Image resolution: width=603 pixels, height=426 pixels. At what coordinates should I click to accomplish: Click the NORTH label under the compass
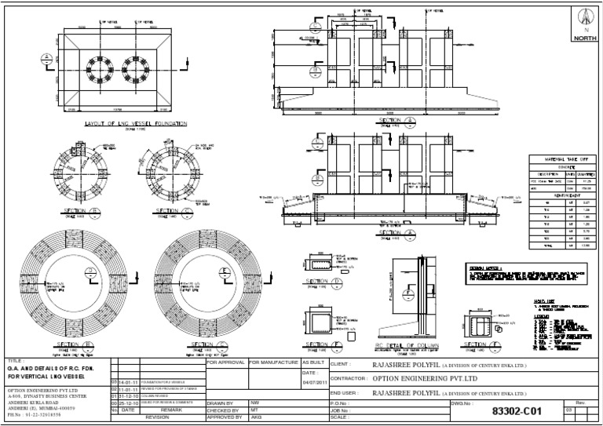click(583, 37)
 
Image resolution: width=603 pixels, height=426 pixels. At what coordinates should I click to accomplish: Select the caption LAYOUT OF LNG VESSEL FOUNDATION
click(130, 124)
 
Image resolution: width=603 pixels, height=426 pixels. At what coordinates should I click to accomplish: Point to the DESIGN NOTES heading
click(487, 268)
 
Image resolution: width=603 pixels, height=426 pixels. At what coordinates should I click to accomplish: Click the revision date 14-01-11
click(128, 382)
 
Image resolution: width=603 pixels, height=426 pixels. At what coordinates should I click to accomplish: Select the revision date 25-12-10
click(128, 403)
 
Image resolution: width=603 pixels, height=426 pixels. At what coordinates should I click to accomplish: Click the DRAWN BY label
click(222, 402)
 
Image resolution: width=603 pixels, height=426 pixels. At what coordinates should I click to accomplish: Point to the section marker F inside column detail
click(410, 297)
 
